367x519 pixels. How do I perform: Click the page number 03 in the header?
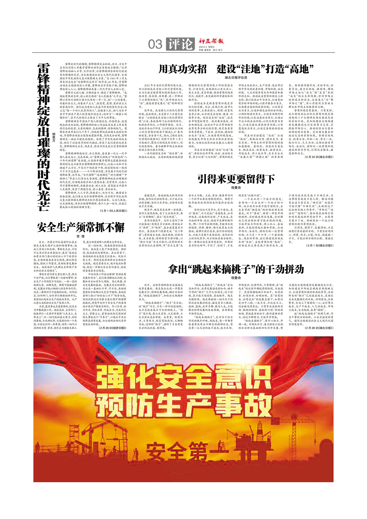coord(155,44)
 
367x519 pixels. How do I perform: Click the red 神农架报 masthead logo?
coord(211,41)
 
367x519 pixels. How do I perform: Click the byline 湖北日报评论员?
coord(236,78)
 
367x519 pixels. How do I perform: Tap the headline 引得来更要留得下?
coord(236,179)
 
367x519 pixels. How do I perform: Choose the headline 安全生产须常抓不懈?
coord(81,227)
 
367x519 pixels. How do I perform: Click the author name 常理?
coord(81,236)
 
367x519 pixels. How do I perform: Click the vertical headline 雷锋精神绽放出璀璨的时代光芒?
coord(44,137)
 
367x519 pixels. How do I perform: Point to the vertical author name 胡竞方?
coord(54,137)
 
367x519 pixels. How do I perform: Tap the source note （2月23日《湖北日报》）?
coord(319,157)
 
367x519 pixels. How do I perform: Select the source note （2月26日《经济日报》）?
coord(112,328)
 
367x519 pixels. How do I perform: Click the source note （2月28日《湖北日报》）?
coord(319,328)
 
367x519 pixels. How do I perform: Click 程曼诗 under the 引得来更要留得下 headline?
coord(236,188)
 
